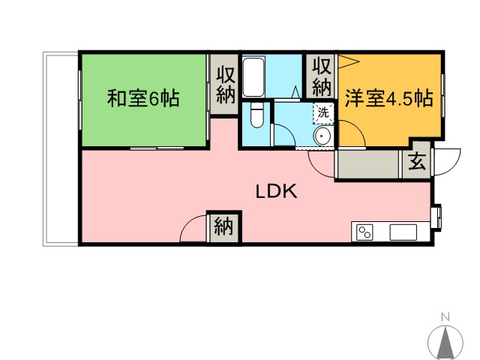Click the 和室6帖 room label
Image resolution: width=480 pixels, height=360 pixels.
pyautogui.click(x=143, y=98)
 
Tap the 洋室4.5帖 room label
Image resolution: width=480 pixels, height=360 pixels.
pyautogui.click(x=389, y=98)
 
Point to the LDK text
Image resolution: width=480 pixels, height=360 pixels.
pyautogui.click(x=277, y=191)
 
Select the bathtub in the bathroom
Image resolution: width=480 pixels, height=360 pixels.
pyautogui.click(x=253, y=76)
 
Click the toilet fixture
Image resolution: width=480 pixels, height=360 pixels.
pyautogui.click(x=256, y=115)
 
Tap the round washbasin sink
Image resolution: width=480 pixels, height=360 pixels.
pyautogui.click(x=322, y=135)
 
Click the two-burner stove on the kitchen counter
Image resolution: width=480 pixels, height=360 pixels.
pyautogui.click(x=365, y=232)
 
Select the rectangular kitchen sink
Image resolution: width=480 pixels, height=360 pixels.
pyautogui.click(x=403, y=232)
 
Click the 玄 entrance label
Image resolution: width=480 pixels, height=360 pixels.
pyautogui.click(x=417, y=161)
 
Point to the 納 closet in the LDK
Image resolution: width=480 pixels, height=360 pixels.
pyautogui.click(x=223, y=227)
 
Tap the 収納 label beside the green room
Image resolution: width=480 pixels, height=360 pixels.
pyautogui.click(x=226, y=85)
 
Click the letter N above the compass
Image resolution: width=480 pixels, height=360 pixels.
pyautogui.click(x=445, y=316)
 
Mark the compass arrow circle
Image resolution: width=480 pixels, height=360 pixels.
pyautogui.click(x=445, y=343)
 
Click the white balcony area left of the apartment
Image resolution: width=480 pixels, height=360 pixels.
pyautogui.click(x=61, y=149)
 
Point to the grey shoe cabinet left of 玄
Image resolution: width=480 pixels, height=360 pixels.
pyautogui.click(x=367, y=164)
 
